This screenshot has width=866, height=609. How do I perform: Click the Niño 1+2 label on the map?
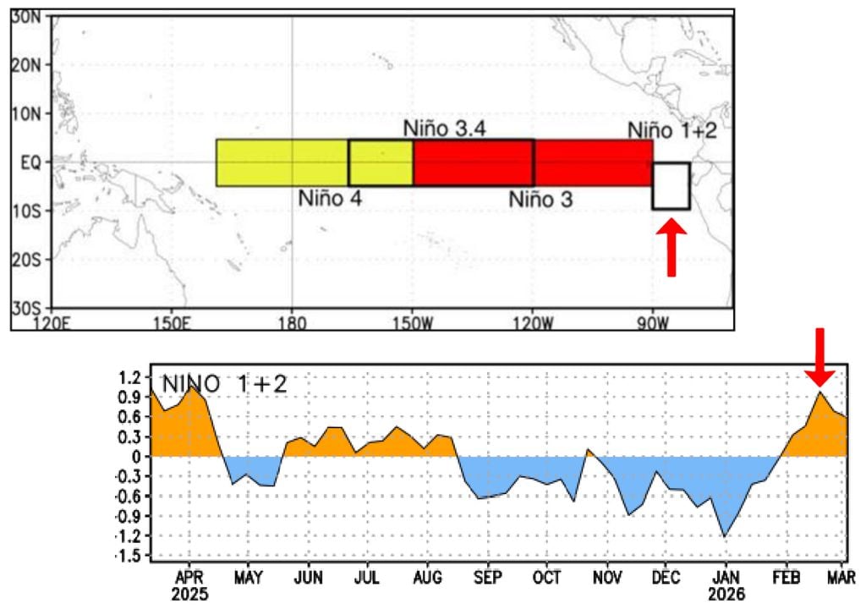(x=671, y=130)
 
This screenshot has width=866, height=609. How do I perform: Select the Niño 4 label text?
(x=330, y=200)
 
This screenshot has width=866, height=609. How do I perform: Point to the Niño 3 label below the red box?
(x=540, y=200)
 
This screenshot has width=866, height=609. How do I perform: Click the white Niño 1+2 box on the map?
(x=671, y=186)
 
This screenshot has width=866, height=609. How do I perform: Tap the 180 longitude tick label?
(x=292, y=322)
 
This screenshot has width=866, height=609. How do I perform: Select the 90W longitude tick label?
(x=651, y=322)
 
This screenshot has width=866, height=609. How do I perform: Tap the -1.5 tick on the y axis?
(x=126, y=556)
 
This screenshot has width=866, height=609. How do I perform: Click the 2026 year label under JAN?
(x=726, y=595)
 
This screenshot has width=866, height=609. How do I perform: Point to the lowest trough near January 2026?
(x=725, y=535)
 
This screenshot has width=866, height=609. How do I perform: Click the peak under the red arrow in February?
(x=819, y=392)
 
